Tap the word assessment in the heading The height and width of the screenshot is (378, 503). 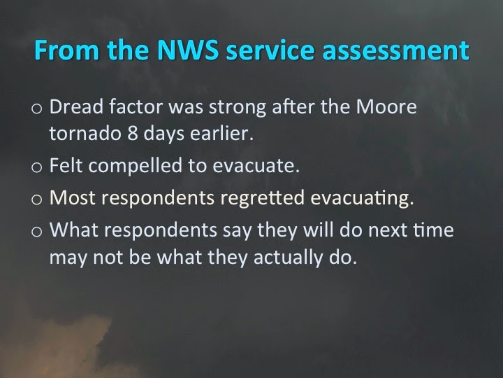[x=395, y=50]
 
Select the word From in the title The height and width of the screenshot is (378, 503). [x=67, y=50]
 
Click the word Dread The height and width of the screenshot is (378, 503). [x=76, y=106]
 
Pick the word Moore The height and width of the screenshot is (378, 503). [x=386, y=106]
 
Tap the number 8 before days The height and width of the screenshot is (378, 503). [x=133, y=133]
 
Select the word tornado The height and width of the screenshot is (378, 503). [x=85, y=133]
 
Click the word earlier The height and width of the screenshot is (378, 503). [x=221, y=133]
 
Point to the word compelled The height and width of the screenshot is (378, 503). [x=135, y=166]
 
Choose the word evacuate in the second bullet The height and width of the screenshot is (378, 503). [x=256, y=166]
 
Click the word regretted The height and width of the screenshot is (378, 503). [x=263, y=197]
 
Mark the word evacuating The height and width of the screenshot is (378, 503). [x=362, y=198]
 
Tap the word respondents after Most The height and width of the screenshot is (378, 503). [x=158, y=198]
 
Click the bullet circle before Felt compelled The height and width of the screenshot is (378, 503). [x=36, y=167]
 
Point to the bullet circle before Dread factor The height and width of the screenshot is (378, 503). [x=36, y=108]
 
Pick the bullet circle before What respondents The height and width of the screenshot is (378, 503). [x=36, y=232]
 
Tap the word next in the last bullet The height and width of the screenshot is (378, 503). [x=388, y=230]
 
